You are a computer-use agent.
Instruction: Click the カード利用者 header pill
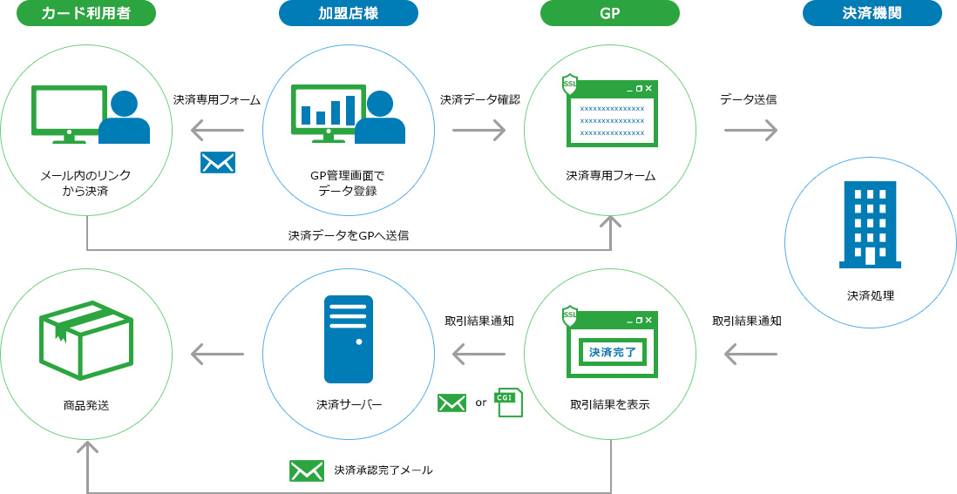(86, 13)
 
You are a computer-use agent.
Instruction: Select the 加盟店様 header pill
(348, 13)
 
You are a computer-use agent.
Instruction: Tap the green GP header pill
(609, 13)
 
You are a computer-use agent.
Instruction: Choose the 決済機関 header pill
(872, 13)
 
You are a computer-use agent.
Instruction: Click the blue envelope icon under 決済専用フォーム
(217, 162)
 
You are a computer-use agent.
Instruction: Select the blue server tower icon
(348, 339)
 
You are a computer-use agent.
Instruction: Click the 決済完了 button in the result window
(613, 352)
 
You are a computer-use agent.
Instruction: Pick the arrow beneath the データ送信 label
(750, 131)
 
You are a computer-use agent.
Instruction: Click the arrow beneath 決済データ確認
(478, 131)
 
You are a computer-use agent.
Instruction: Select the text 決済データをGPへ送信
(349, 235)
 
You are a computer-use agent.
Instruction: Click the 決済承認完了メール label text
(383, 470)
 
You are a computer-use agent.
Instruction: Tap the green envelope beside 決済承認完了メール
(307, 470)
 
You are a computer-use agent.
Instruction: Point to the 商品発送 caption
(86, 405)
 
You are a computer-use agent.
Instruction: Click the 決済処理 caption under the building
(870, 295)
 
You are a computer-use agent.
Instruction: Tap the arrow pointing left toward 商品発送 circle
(217, 354)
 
